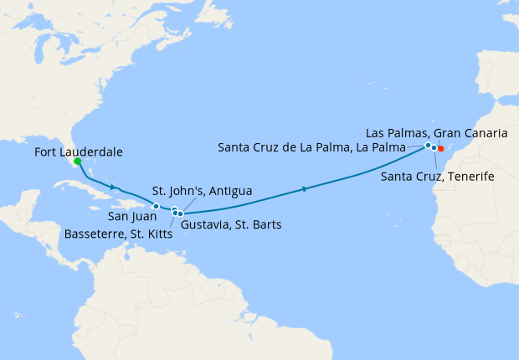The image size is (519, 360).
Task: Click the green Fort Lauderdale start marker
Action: [77, 162]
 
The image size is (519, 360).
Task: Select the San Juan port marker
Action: [156, 206]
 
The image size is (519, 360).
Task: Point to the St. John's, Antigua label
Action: [202, 192]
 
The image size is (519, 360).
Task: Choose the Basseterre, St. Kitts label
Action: [118, 234]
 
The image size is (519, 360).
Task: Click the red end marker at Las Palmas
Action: [441, 150]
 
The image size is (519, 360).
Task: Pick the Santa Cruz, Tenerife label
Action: [436, 177]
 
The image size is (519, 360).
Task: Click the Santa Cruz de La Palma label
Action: [311, 147]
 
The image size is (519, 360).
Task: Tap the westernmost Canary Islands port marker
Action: [429, 146]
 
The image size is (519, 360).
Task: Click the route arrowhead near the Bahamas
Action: [113, 186]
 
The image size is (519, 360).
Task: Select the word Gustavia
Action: [205, 224]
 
